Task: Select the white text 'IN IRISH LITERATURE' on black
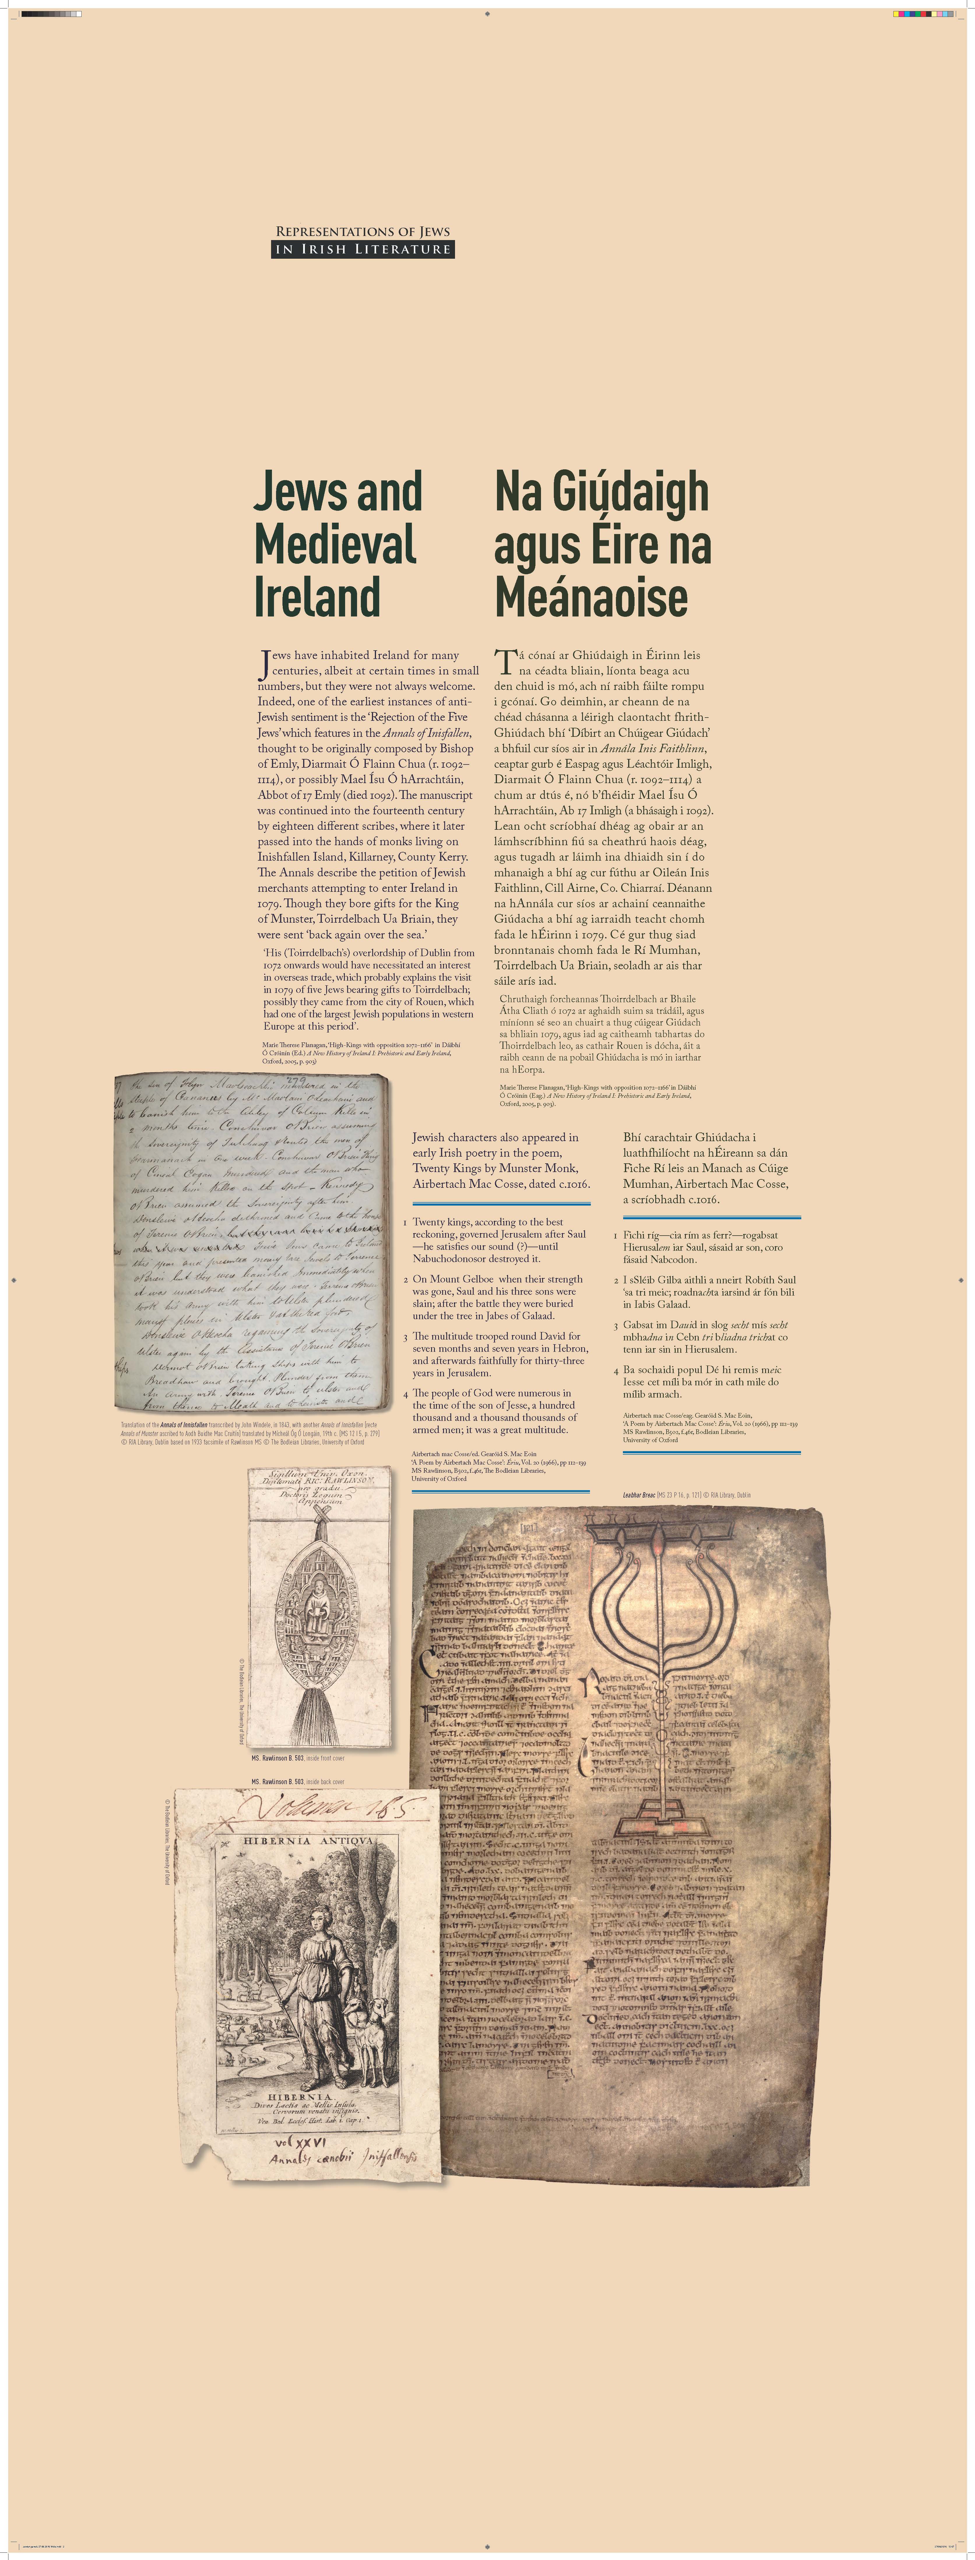click(363, 249)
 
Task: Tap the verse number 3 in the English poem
click(405, 1337)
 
